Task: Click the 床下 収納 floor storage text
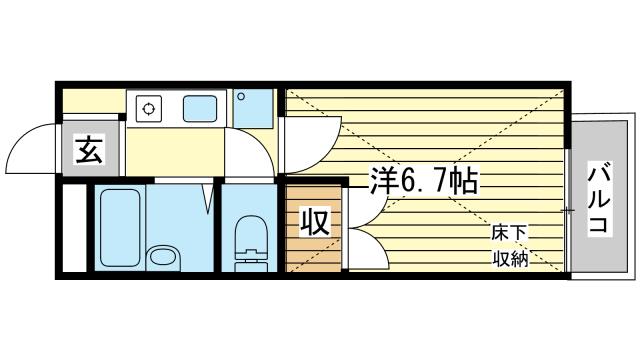[509, 244]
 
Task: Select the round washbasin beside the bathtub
[161, 259]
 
